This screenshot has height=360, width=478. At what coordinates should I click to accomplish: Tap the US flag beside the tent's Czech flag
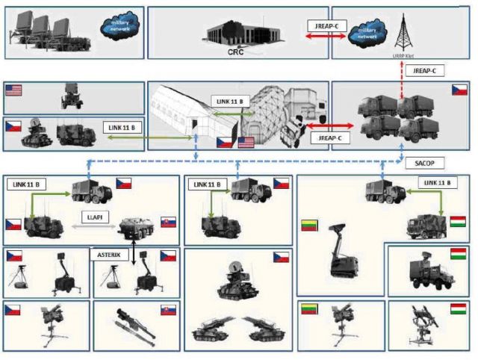tap(245, 141)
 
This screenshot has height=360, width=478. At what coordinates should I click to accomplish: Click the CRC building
tap(238, 31)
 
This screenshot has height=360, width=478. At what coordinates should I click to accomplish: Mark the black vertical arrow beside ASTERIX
tap(134, 254)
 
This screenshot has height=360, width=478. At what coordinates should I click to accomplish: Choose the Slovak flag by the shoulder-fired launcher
tap(168, 309)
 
